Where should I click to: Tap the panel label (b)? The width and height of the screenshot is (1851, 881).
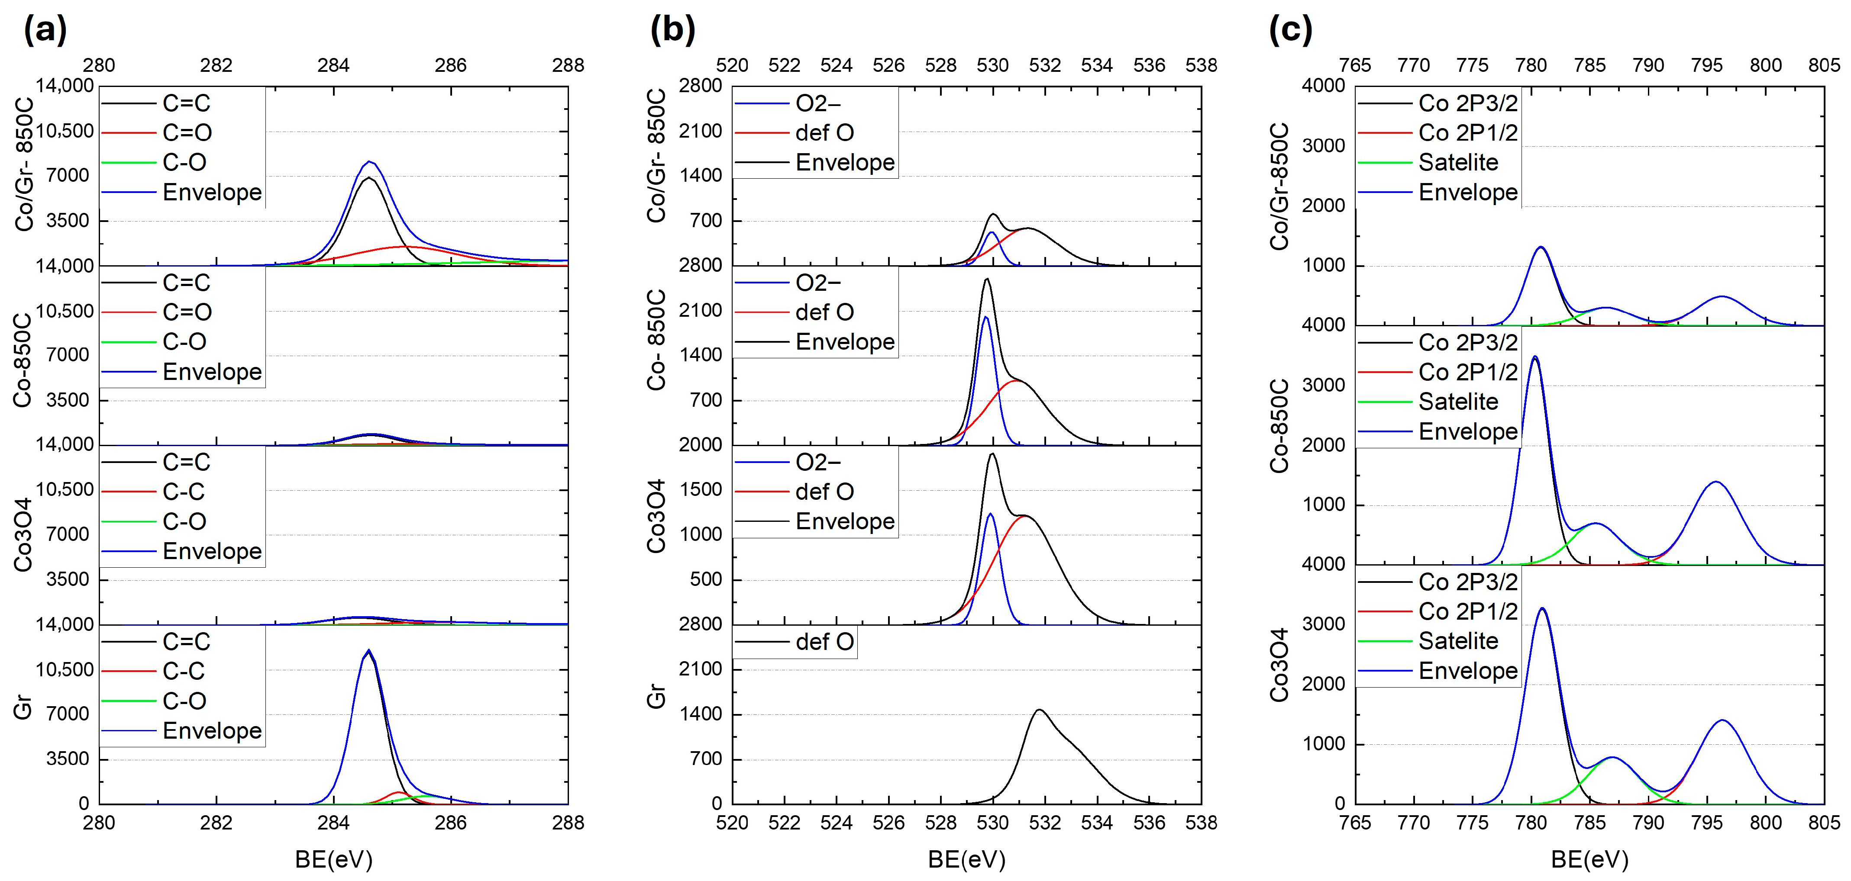[x=672, y=30]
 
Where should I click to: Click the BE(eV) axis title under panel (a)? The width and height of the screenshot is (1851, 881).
[x=333, y=859]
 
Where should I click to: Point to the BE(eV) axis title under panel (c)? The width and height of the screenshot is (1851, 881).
[x=1589, y=859]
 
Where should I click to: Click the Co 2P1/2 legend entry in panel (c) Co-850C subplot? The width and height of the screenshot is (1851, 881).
[x=1467, y=373]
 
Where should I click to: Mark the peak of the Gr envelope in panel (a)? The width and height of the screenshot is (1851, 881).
[x=368, y=650]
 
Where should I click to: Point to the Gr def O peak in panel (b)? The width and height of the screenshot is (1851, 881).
[x=1039, y=710]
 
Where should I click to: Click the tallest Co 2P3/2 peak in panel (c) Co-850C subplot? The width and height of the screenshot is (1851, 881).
[x=1535, y=357]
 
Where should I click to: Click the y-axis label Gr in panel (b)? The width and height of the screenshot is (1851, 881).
[x=656, y=697]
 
